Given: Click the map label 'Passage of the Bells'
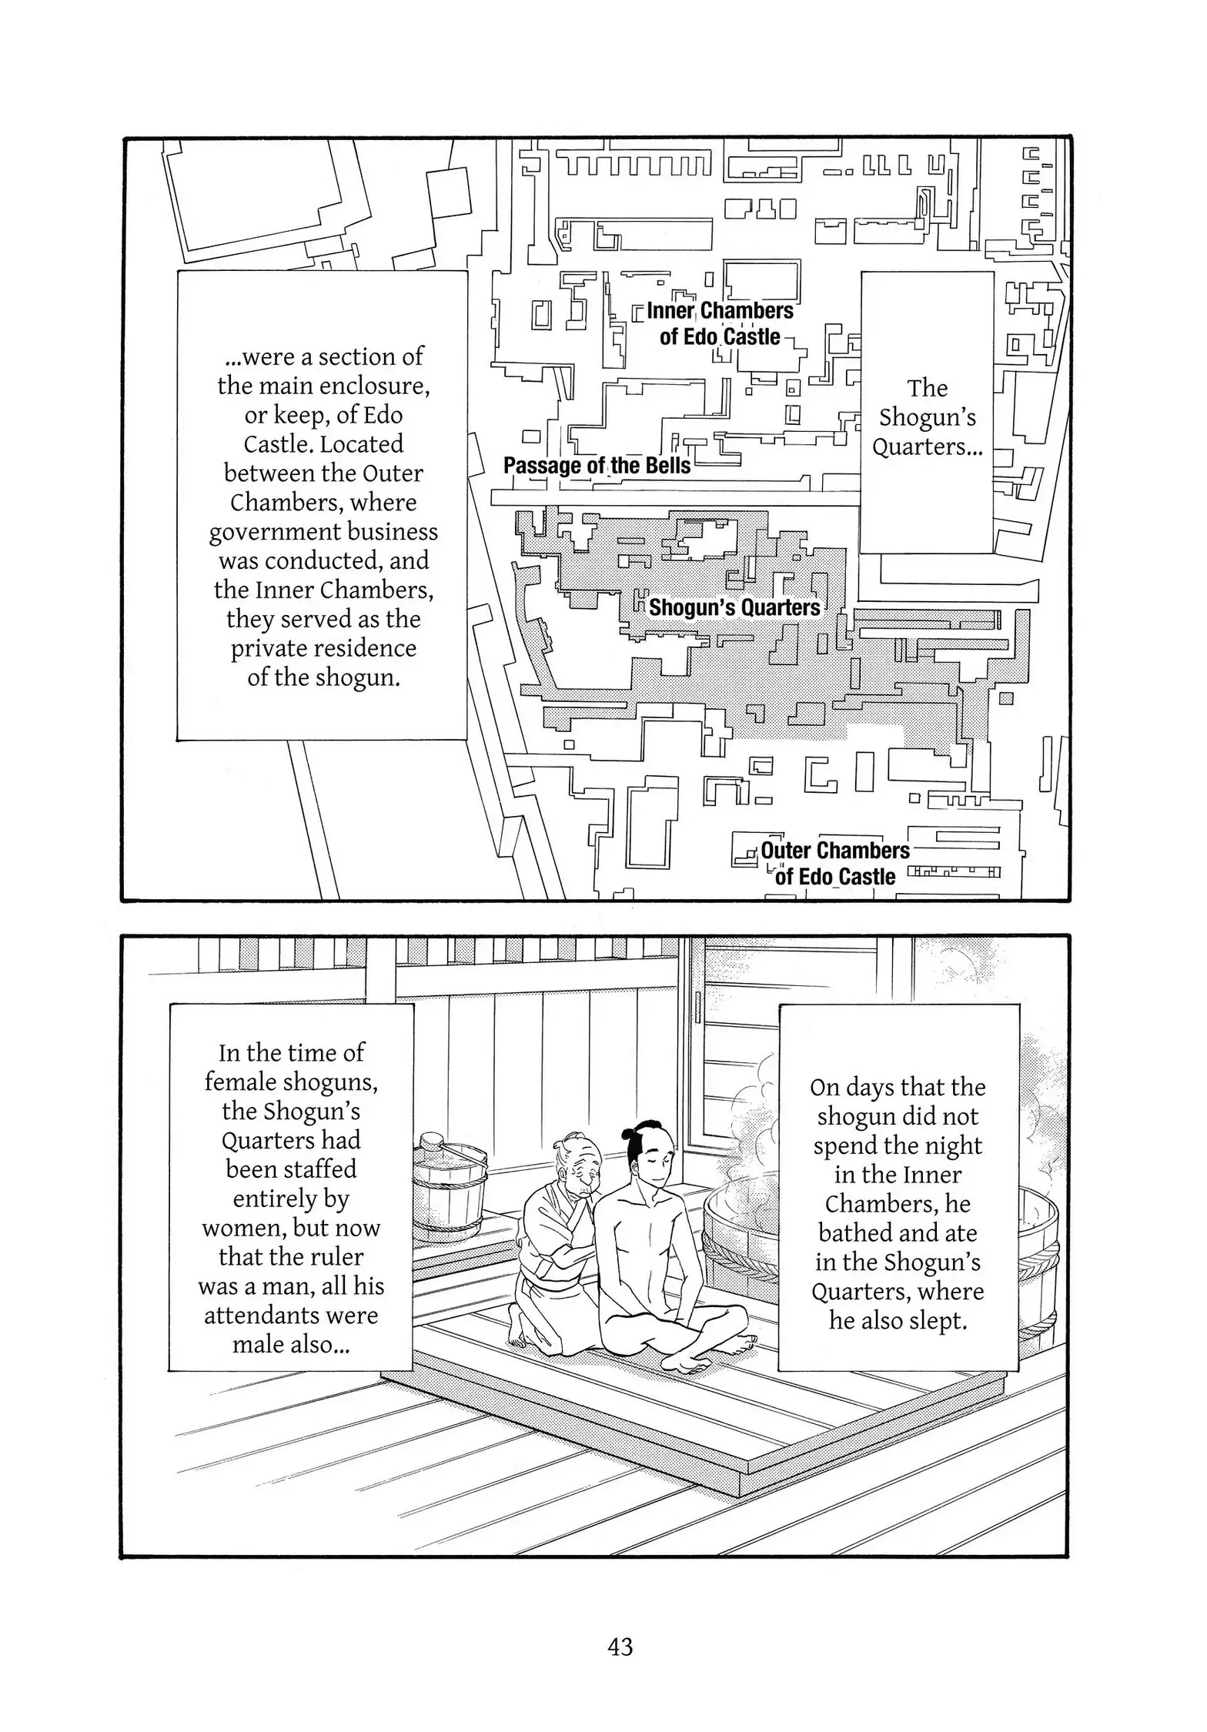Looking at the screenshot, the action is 597,466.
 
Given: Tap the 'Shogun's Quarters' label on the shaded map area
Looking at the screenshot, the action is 734,607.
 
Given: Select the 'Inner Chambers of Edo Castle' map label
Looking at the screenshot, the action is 720,323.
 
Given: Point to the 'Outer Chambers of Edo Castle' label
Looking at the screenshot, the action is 835,863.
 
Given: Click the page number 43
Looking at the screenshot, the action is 620,1646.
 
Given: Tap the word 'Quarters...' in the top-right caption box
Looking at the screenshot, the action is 927,446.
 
